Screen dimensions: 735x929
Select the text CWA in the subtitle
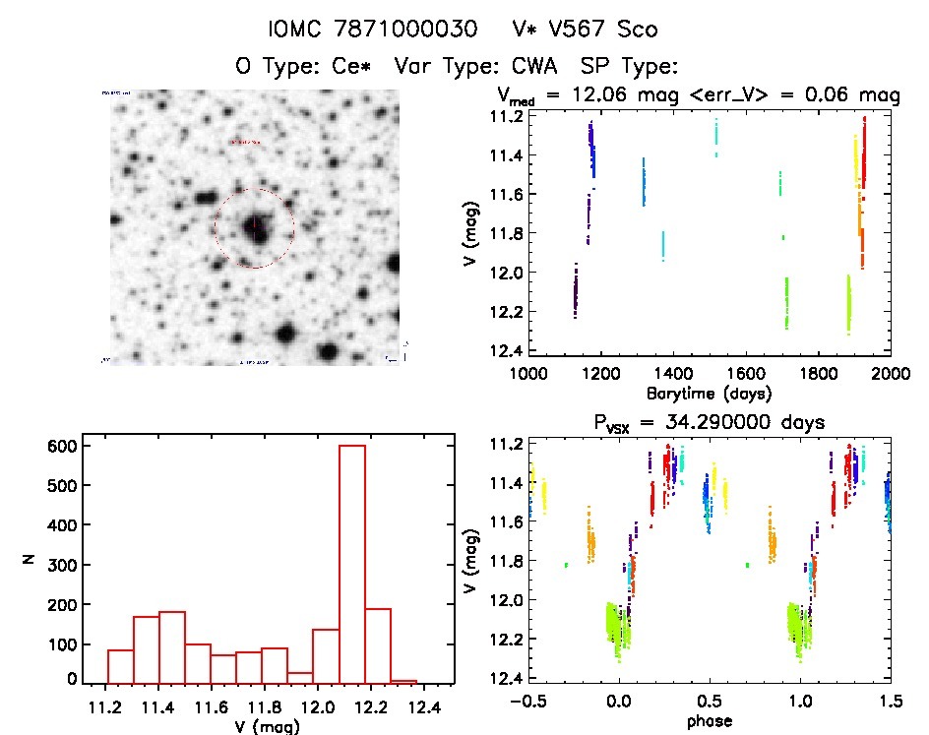coord(534,67)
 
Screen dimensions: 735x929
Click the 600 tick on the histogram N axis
coord(61,446)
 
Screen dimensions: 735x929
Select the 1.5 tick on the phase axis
coord(891,701)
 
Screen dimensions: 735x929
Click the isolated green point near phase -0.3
coord(566,565)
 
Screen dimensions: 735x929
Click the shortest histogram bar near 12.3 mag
coord(403,681)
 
